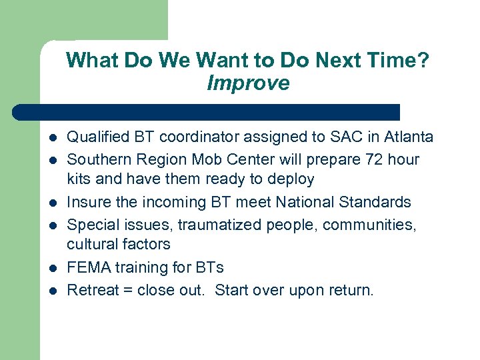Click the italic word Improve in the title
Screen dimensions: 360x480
(248, 83)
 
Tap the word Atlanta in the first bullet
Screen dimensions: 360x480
(407, 137)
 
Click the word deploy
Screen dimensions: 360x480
(291, 179)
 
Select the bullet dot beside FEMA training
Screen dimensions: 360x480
(53, 268)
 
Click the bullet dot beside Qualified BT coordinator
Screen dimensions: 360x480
(53, 138)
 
